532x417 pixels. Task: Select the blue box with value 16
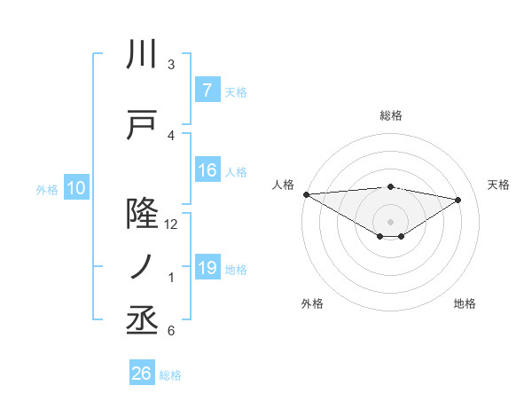(207, 171)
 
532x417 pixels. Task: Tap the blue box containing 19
(207, 268)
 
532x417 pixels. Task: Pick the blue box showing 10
(75, 188)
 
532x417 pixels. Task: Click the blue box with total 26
(142, 374)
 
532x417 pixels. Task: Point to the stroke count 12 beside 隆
(171, 224)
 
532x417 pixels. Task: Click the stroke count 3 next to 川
(171, 65)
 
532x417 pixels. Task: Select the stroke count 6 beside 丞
(171, 331)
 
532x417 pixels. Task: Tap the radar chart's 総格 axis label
(390, 115)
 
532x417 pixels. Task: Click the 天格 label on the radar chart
(499, 185)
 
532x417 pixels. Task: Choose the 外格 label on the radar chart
(312, 303)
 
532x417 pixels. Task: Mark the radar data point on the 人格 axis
(306, 194)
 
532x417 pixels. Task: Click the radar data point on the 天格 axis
(458, 199)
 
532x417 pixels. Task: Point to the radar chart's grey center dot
(390, 221)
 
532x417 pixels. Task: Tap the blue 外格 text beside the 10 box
(47, 189)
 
